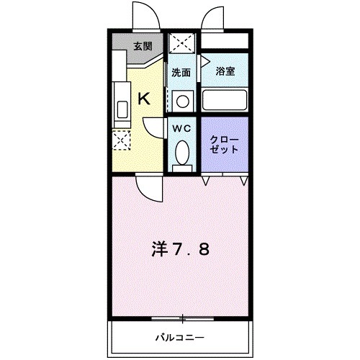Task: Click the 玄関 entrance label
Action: tap(143, 47)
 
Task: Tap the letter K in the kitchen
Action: tap(144, 100)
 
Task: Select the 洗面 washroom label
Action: tap(181, 72)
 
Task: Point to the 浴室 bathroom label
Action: tap(225, 72)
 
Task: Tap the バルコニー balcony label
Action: tap(180, 337)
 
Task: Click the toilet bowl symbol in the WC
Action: tap(182, 151)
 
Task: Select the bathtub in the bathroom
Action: tap(225, 99)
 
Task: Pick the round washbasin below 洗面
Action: tap(183, 100)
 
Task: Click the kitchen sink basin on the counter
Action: tap(122, 109)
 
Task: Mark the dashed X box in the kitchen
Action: tap(122, 139)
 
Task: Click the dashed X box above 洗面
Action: tap(182, 45)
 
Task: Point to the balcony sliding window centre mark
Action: tap(183, 318)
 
